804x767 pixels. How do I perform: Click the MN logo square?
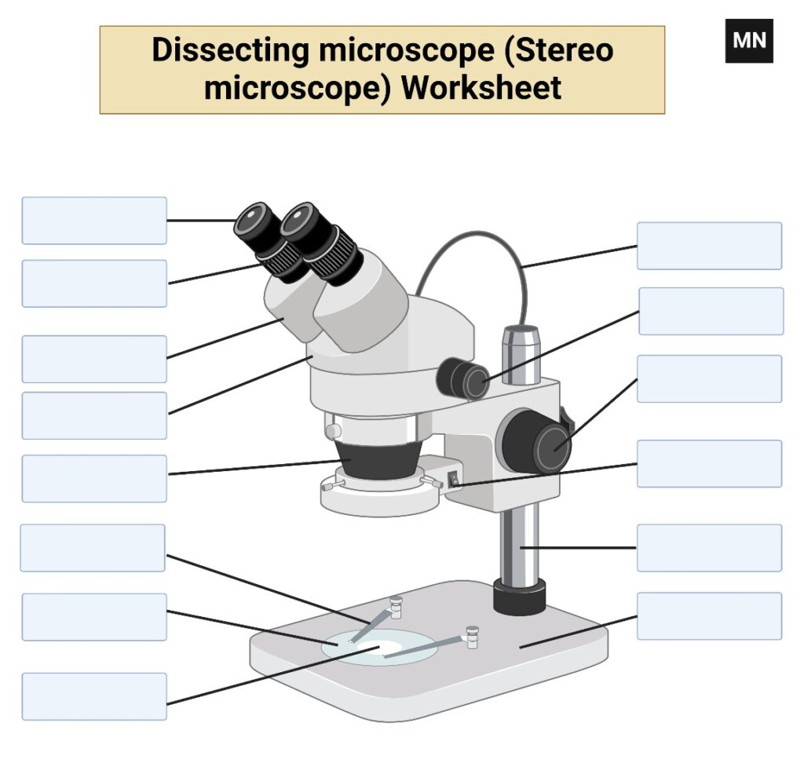(748, 41)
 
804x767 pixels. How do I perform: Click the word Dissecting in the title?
(230, 50)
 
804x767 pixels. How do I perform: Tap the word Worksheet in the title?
(481, 88)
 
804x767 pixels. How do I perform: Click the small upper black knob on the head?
(462, 378)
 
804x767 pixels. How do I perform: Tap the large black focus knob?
(536, 441)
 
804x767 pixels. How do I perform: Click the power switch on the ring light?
(453, 480)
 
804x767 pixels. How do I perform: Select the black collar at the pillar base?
(520, 597)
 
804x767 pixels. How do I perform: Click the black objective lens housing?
(379, 459)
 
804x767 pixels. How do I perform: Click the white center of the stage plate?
(383, 647)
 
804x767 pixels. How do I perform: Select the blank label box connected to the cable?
(709, 246)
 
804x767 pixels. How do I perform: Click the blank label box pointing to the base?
(709, 615)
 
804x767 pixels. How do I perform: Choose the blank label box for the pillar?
(709, 547)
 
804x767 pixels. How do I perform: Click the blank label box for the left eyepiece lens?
(94, 221)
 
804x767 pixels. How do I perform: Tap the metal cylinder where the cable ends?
(521, 355)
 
